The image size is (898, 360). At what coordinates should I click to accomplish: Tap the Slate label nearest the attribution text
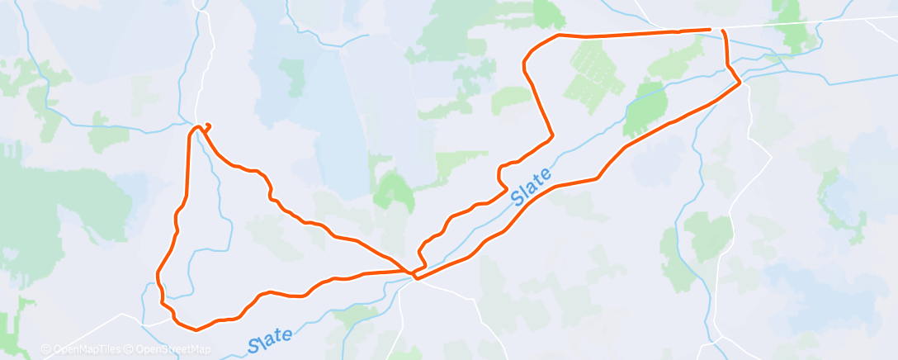coord(270,339)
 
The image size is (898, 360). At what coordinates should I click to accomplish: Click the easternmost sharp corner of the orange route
coord(740,82)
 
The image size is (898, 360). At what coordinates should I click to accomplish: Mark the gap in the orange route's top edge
coord(716,30)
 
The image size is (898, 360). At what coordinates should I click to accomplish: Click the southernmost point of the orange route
coord(196,329)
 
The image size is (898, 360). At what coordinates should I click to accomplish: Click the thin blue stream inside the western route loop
coord(221,206)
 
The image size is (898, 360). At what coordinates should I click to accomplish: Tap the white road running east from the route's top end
coord(809,22)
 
